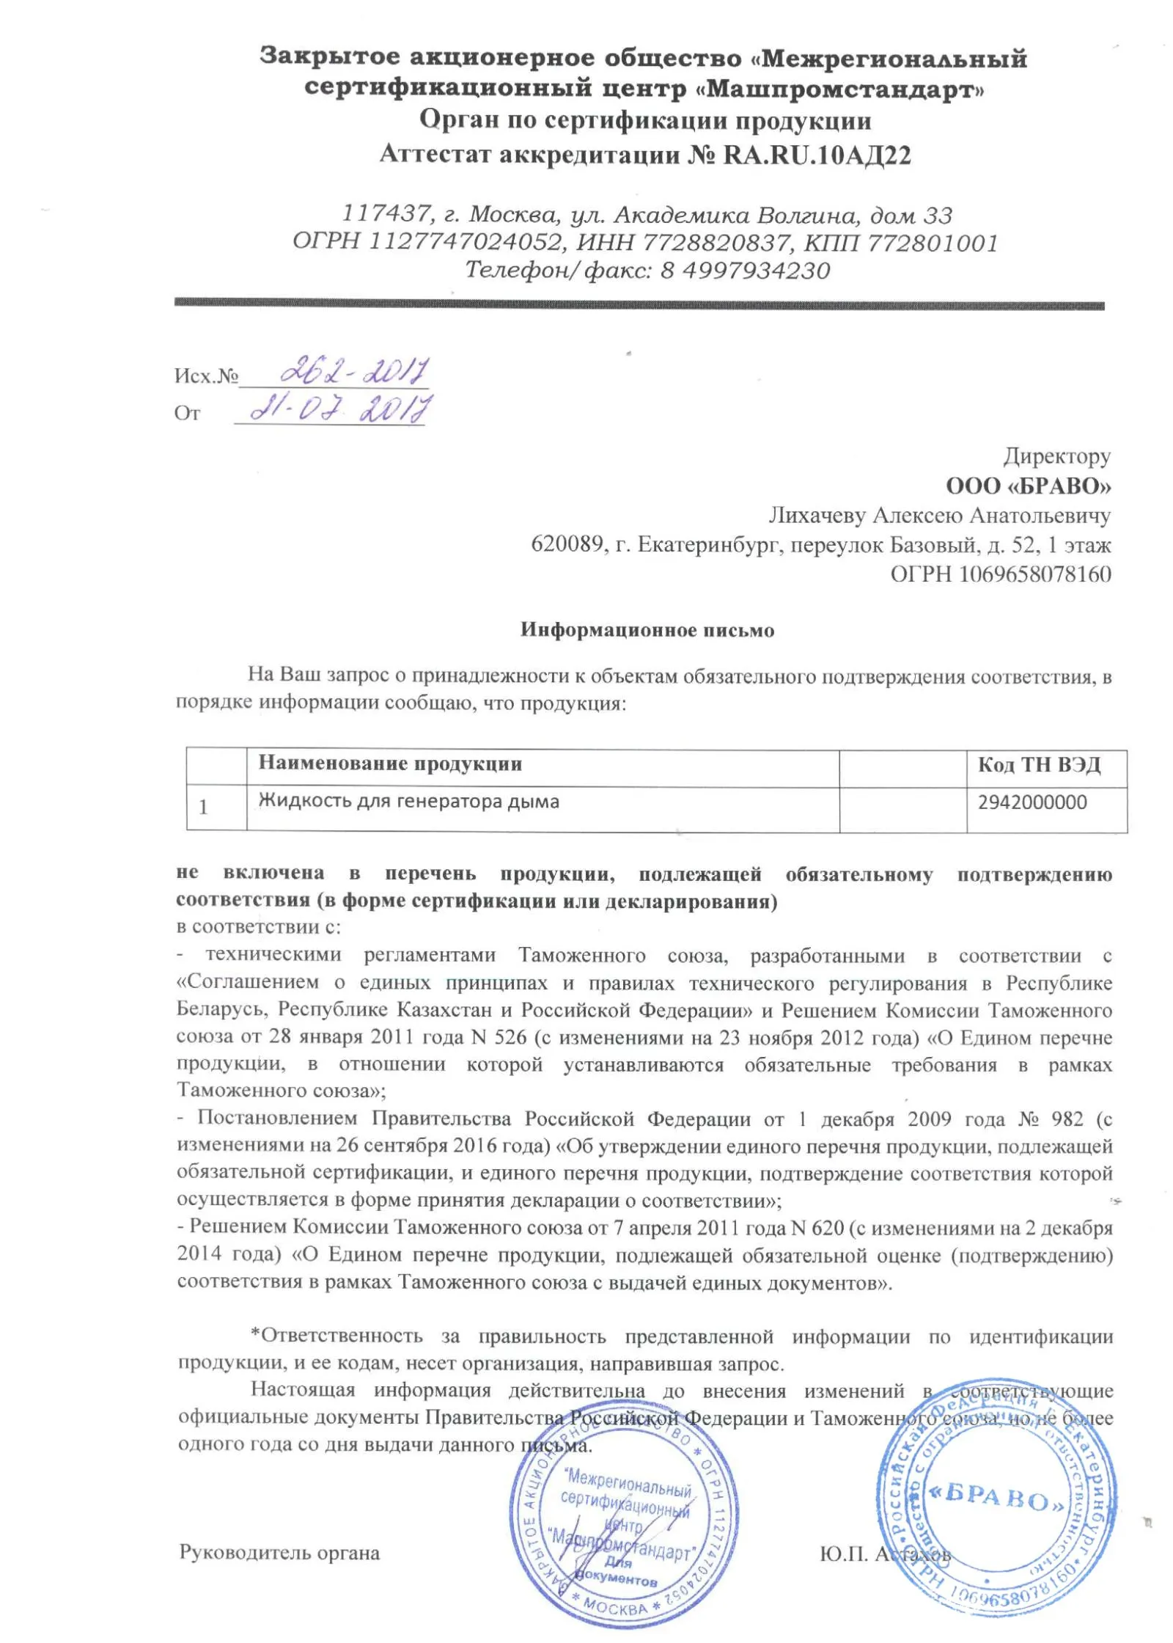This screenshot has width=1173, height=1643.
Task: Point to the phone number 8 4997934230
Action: pyautogui.click(x=744, y=271)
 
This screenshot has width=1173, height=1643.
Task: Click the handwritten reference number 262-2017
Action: pyautogui.click(x=354, y=372)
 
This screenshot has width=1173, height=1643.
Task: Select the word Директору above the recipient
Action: pyautogui.click(x=1056, y=456)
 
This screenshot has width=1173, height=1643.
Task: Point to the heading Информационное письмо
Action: pyautogui.click(x=647, y=630)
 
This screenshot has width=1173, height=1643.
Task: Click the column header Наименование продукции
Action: pyautogui.click(x=390, y=764)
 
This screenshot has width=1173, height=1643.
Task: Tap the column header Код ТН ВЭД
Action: pyautogui.click(x=1039, y=765)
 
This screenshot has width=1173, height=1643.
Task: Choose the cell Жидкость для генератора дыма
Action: pyautogui.click(x=408, y=801)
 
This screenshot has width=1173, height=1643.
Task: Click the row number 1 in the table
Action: pyautogui.click(x=203, y=807)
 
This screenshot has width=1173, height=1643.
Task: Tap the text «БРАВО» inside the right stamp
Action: pyautogui.click(x=997, y=1496)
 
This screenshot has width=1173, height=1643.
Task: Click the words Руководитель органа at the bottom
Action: pyautogui.click(x=279, y=1553)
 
